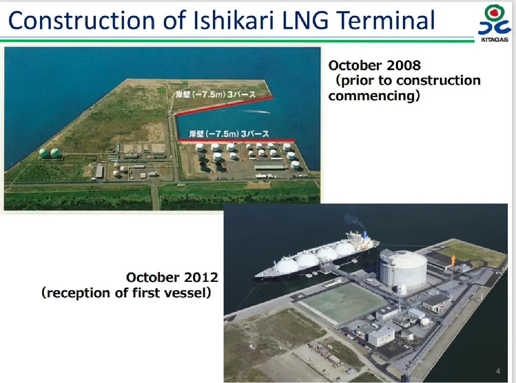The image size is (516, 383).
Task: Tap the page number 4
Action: [x=498, y=371]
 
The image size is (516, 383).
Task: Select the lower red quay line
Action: [x=236, y=140]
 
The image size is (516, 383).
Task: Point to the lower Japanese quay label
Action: [x=229, y=134]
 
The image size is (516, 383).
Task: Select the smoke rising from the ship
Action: [x=353, y=221]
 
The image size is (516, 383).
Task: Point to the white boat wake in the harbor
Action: [x=255, y=111]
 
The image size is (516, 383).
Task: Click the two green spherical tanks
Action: [x=49, y=152]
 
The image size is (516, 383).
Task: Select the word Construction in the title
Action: [x=82, y=21]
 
